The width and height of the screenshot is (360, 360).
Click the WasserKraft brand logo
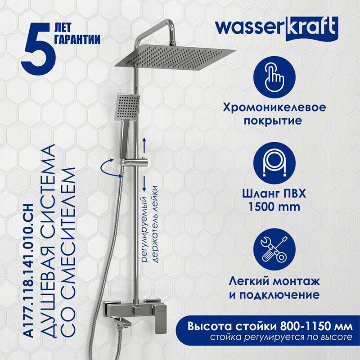(x=276, y=27)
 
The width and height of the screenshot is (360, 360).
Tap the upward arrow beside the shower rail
(x=144, y=144)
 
